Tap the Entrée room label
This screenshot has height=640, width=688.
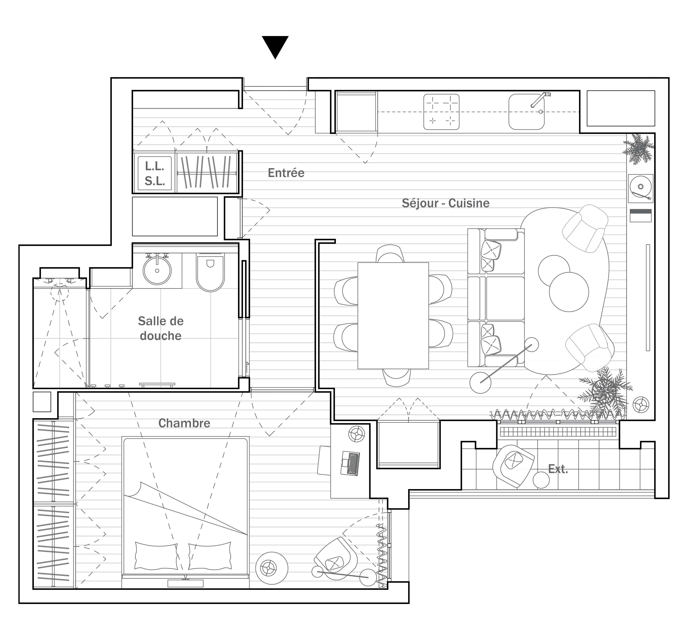click(x=286, y=173)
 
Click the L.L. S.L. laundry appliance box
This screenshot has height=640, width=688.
click(x=155, y=173)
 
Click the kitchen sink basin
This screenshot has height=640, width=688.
click(x=526, y=112)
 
